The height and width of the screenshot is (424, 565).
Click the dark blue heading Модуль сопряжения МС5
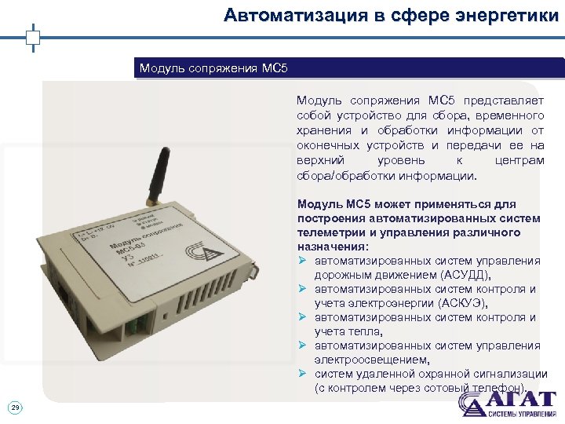[214, 68]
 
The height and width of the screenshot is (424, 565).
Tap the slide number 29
[15, 406]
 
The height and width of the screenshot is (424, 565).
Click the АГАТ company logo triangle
[472, 404]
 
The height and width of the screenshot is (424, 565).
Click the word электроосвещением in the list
[371, 360]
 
